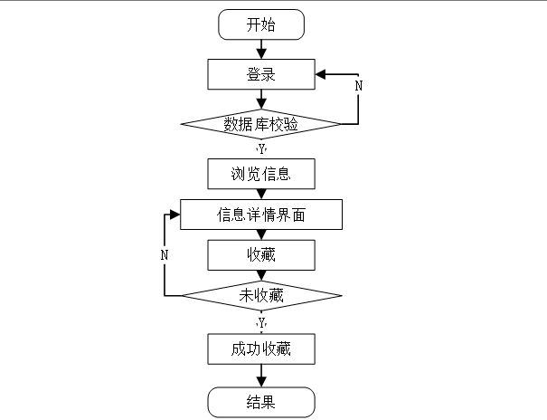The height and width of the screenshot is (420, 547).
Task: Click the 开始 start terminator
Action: tap(261, 24)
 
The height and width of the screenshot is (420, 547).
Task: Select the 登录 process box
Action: tap(261, 74)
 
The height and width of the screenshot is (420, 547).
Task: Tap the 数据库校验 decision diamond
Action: tap(261, 124)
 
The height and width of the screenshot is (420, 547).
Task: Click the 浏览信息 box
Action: tap(261, 172)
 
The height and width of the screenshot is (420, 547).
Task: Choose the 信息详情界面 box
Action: tap(261, 215)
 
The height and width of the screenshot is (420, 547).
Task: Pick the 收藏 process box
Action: tap(261, 255)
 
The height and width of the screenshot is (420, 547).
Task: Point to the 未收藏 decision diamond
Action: tap(261, 296)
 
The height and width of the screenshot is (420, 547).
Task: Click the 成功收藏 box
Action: tap(261, 348)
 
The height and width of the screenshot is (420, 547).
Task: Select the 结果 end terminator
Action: tap(261, 401)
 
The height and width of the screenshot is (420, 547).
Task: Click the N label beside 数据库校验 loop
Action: tap(358, 85)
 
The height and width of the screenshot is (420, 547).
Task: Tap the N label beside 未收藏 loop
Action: tap(165, 255)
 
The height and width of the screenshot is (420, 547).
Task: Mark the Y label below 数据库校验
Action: tap(261, 148)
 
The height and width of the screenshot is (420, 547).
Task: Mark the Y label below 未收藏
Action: tap(261, 322)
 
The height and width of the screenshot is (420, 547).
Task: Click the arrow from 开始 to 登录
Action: tap(261, 49)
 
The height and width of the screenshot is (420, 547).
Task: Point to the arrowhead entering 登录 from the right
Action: tap(321, 74)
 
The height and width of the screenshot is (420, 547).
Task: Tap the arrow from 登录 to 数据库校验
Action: tap(261, 99)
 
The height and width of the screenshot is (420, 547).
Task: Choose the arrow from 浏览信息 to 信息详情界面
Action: tap(261, 193)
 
